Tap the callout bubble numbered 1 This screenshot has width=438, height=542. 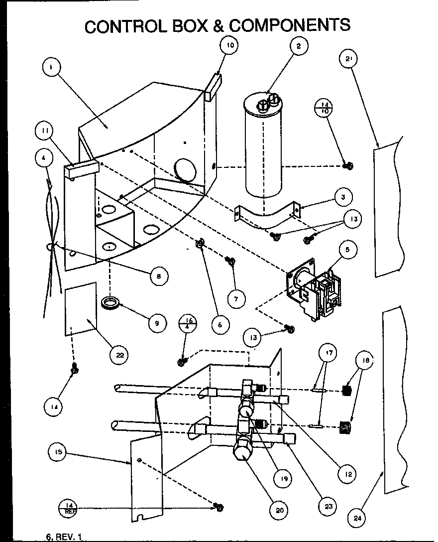tap(52, 67)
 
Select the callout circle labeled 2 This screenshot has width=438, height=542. tap(298, 47)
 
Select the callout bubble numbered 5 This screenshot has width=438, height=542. tap(347, 250)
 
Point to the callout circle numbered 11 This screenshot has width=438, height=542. tap(45, 132)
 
